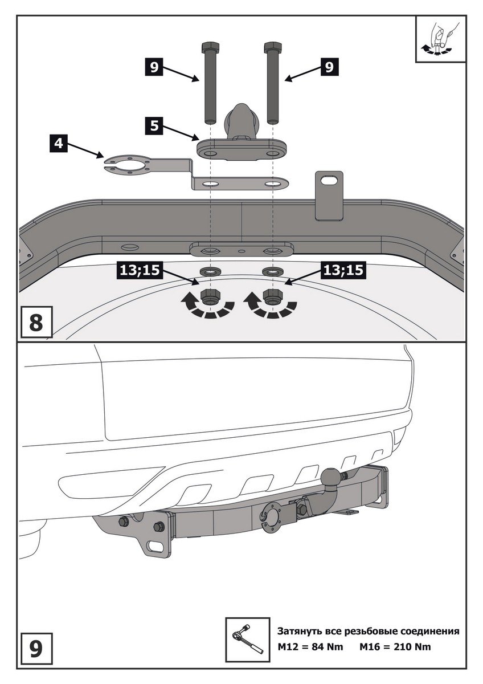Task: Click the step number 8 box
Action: point(35,322)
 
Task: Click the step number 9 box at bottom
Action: point(35,649)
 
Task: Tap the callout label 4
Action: point(59,142)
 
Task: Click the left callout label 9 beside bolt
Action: point(153,67)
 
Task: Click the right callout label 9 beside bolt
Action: point(329,67)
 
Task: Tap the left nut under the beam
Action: point(211,296)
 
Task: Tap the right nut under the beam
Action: point(272,296)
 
